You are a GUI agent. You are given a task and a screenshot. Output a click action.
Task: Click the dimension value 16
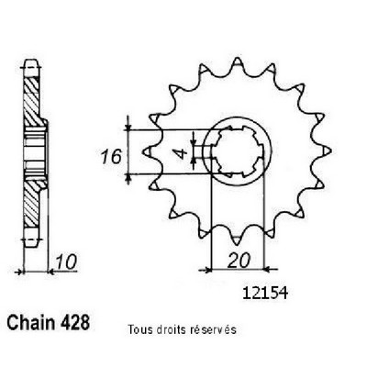pyautogui.click(x=112, y=157)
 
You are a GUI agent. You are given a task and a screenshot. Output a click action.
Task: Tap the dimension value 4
pyautogui.click(x=183, y=153)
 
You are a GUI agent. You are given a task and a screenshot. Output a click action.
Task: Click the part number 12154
pyautogui.click(x=265, y=294)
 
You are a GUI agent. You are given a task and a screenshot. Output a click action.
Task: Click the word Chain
pyautogui.click(x=31, y=323)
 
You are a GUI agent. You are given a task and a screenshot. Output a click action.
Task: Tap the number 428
pyautogui.click(x=75, y=323)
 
